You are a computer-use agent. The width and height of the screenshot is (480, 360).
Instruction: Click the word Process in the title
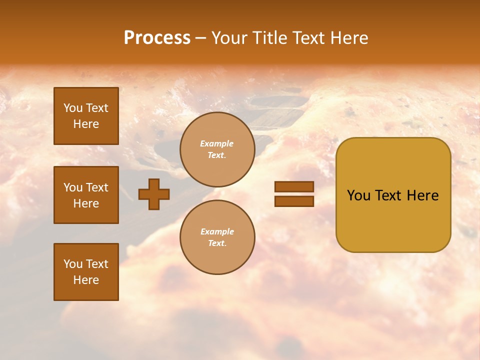pyautogui.click(x=157, y=38)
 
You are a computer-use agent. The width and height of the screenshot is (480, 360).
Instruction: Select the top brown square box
pyautogui.click(x=86, y=116)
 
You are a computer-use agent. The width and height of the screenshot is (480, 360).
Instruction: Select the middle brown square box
pyautogui.click(x=86, y=195)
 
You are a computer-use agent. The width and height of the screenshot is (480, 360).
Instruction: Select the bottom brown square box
pyautogui.click(x=86, y=272)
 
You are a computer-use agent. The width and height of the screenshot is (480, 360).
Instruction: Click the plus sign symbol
pyautogui.click(x=154, y=194)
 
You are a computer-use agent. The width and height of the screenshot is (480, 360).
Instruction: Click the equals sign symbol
pyautogui.click(x=294, y=194)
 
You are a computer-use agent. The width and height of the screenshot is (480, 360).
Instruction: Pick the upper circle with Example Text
pyautogui.click(x=217, y=149)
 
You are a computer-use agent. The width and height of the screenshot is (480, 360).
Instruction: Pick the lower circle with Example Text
pyautogui.click(x=217, y=237)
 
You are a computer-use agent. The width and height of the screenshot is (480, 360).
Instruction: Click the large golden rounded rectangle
pyautogui.click(x=393, y=195)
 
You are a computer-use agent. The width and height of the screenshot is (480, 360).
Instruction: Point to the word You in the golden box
pyautogui.click(x=358, y=195)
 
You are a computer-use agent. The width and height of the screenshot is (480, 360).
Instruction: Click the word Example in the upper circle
pyautogui.click(x=217, y=144)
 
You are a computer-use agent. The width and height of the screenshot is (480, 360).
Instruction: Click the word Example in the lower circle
pyautogui.click(x=217, y=232)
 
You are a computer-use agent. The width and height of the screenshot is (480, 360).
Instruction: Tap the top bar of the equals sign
pyautogui.click(x=294, y=187)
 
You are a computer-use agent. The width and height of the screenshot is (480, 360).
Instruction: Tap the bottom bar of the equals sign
pyautogui.click(x=294, y=201)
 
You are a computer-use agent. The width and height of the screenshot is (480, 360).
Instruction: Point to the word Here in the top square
pyautogui.click(x=86, y=124)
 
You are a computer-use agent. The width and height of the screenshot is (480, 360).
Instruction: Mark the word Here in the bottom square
pyautogui.click(x=86, y=280)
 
